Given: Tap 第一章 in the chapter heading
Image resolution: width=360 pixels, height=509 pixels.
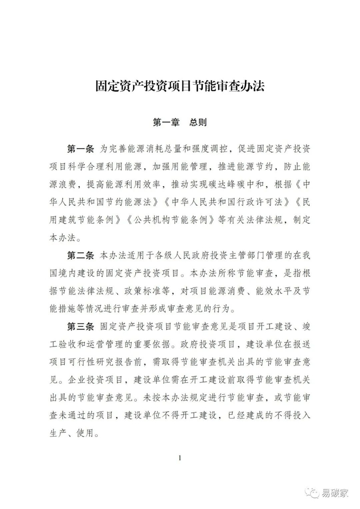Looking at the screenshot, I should pos(164,123).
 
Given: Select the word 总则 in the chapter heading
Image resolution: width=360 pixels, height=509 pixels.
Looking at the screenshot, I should pos(196,123).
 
